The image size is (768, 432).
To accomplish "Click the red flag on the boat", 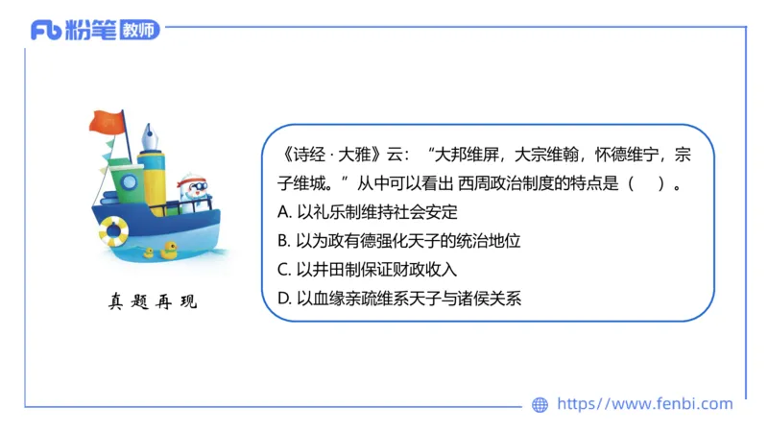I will tap(106, 123).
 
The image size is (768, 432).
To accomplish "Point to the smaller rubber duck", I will tap(149, 253).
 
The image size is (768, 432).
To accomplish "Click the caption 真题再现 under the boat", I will tap(153, 302).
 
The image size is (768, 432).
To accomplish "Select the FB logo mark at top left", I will tap(46, 31).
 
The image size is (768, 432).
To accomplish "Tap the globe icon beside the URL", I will tap(540, 405).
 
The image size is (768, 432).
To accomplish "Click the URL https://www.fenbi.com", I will tap(644, 404).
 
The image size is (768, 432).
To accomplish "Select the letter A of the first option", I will tap(282, 211).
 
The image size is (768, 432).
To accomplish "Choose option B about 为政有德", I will tap(403, 240).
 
